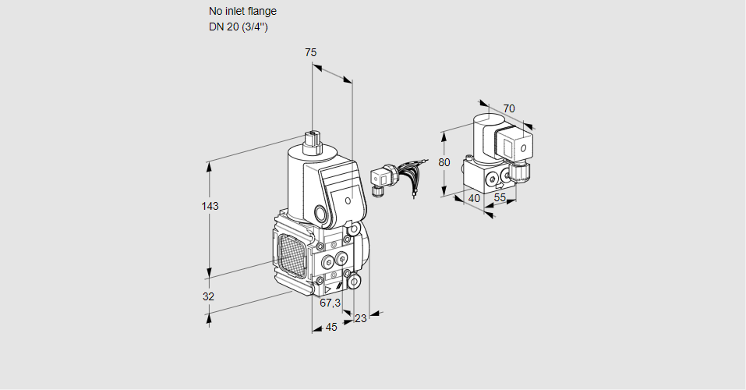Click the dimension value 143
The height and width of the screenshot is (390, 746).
tap(210, 207)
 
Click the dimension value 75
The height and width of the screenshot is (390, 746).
tap(310, 52)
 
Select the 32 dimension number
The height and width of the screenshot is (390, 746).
tap(208, 296)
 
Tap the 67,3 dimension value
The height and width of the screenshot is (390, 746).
tap(331, 303)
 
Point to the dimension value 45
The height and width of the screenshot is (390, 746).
tap(331, 327)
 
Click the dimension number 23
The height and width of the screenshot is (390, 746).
tap(360, 317)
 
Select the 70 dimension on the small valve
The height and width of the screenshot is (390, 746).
tap(509, 108)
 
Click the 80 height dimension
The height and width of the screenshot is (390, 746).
tap(444, 162)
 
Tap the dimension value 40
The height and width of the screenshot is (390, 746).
tap(474, 198)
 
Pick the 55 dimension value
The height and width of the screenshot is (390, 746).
tap(500, 198)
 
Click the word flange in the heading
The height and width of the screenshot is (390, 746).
tap(260, 12)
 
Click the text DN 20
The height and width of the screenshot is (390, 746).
tap(223, 27)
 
